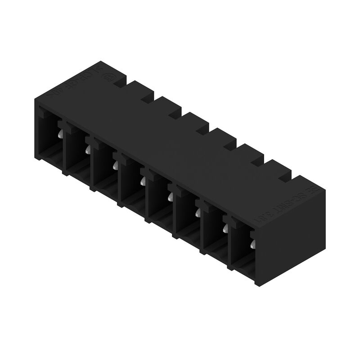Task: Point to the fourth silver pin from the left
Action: pyautogui.click(x=143, y=180)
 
